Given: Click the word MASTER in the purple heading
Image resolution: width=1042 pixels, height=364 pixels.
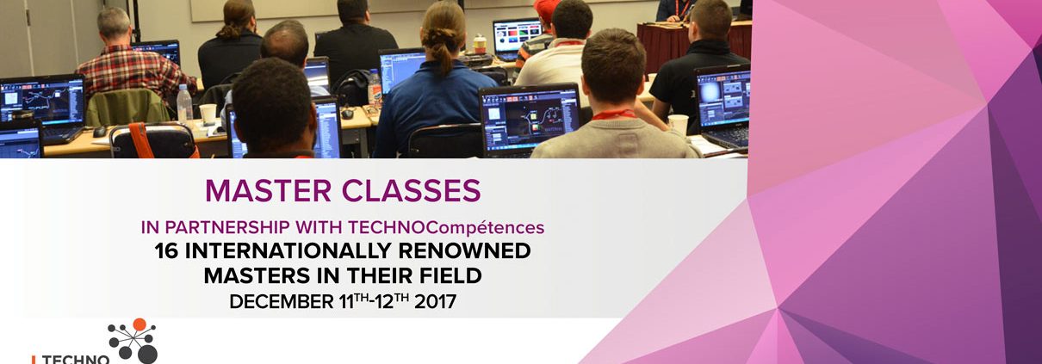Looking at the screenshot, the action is pos(268,190).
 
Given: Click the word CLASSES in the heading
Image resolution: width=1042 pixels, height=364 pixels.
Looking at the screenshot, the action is pos(412,190).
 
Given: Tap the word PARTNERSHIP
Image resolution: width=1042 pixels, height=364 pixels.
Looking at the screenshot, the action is pos(227,227).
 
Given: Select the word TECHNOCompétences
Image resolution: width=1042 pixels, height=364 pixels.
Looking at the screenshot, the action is pos(446,228).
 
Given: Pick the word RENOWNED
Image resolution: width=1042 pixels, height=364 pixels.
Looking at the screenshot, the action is pos(465,251).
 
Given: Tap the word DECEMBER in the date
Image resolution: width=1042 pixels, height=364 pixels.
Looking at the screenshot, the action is pos(282,302).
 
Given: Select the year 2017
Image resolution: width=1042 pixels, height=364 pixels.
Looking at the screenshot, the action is pos(435,302).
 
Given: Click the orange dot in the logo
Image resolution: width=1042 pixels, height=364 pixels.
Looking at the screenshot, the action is pos(140,324).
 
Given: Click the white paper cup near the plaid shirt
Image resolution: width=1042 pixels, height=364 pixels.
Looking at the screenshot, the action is pos(208,114).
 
